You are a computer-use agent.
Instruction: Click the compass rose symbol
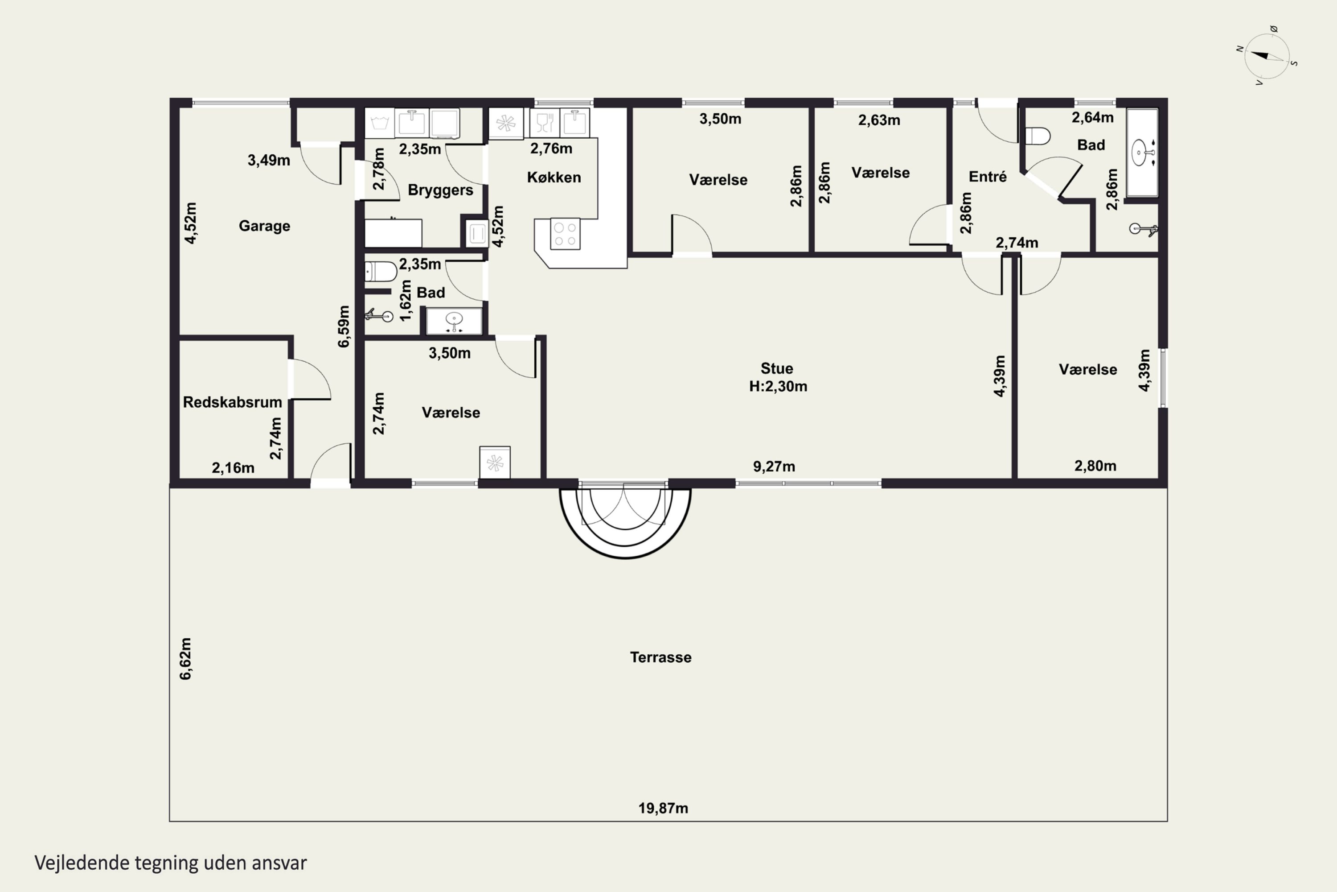(1267, 56)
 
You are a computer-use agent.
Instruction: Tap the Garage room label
(264, 226)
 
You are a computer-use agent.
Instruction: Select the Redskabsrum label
(233, 402)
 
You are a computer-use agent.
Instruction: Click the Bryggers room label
(441, 190)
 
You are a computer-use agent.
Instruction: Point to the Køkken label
(554, 178)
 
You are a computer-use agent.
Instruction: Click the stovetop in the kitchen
(565, 234)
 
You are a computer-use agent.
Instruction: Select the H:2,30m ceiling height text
(778, 386)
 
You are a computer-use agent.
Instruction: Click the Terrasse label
(660, 657)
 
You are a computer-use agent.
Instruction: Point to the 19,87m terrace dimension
(663, 808)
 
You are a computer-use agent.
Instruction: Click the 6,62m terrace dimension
(185, 659)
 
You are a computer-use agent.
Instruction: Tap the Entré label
(988, 177)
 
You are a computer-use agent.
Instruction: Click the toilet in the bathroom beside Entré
(1038, 136)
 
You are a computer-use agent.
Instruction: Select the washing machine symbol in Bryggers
(379, 123)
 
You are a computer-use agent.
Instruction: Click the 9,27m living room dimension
(774, 467)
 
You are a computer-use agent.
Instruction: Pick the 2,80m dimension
(1095, 466)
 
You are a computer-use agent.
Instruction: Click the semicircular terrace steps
(625, 522)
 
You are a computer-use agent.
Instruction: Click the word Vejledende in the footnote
(82, 863)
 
